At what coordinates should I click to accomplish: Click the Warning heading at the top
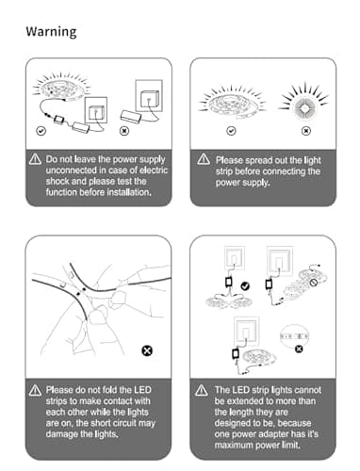[x=51, y=32]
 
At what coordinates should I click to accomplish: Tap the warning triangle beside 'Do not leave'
[x=35, y=159]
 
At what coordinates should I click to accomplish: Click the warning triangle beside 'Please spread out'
[x=204, y=159]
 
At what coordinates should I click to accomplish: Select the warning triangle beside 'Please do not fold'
[x=35, y=390]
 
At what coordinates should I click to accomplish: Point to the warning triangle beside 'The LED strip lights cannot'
[x=202, y=390]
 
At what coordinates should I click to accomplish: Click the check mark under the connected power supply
[x=41, y=131]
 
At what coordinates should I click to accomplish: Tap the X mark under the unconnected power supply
[x=124, y=131]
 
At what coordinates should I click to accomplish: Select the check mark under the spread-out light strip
[x=231, y=131]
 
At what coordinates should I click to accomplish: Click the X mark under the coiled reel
[x=306, y=131]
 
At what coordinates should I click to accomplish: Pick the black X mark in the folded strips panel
[x=147, y=350]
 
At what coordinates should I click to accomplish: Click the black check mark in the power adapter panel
[x=245, y=286]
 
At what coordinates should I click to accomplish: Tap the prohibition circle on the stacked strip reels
[x=313, y=283]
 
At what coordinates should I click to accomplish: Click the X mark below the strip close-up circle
[x=299, y=349]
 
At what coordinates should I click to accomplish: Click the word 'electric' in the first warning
[x=154, y=171]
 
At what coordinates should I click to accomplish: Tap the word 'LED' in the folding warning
[x=142, y=390]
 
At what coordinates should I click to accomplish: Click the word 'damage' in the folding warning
[x=61, y=435]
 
